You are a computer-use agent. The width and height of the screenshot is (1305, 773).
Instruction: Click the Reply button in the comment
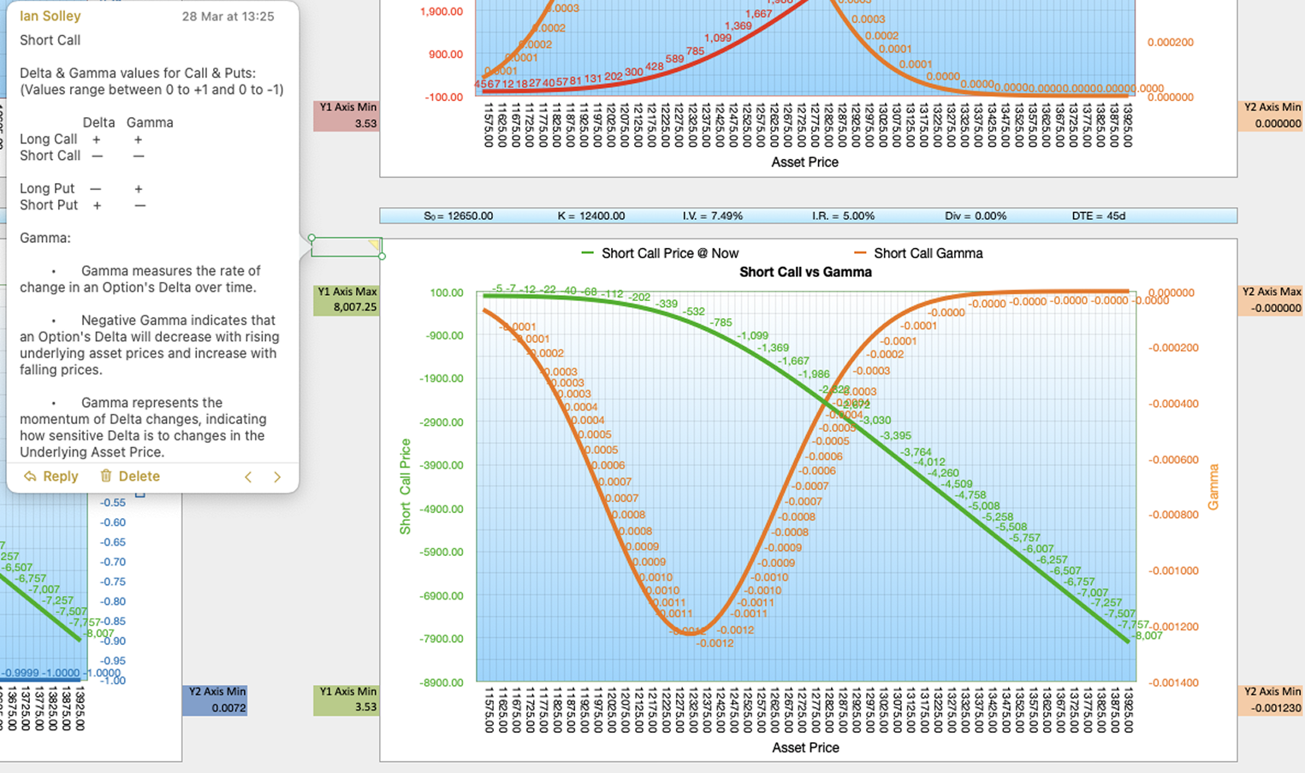(x=51, y=476)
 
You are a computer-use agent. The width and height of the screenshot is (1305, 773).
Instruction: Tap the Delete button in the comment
(x=130, y=476)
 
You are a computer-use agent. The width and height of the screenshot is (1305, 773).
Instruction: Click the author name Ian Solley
(x=50, y=16)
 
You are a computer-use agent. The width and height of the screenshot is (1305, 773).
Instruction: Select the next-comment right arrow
(x=277, y=477)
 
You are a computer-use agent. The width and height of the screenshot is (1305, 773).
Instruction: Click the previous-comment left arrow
(x=248, y=477)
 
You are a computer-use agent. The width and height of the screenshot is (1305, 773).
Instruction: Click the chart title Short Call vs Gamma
(x=805, y=272)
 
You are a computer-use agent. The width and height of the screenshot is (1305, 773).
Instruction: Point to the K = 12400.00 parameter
(x=591, y=216)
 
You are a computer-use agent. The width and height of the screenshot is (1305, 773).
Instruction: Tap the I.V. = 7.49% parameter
(x=712, y=216)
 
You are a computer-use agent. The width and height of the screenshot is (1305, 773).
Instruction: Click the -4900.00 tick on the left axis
(x=443, y=509)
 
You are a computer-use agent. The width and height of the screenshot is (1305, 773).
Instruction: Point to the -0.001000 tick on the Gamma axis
(x=1173, y=570)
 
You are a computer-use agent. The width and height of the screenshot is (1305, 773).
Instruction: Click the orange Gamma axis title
(x=1213, y=487)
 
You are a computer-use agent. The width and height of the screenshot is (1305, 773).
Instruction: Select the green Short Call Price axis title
(x=406, y=487)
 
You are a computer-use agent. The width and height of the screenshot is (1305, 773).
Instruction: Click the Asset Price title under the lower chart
(x=805, y=747)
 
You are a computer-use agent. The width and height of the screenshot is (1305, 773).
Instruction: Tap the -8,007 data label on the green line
(x=1148, y=635)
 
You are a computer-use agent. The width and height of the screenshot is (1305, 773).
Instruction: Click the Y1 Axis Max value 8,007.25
(x=355, y=307)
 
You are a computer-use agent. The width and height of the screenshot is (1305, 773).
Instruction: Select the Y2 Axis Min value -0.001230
(x=1276, y=708)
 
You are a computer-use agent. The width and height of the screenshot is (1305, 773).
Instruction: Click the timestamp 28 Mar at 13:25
(x=228, y=16)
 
